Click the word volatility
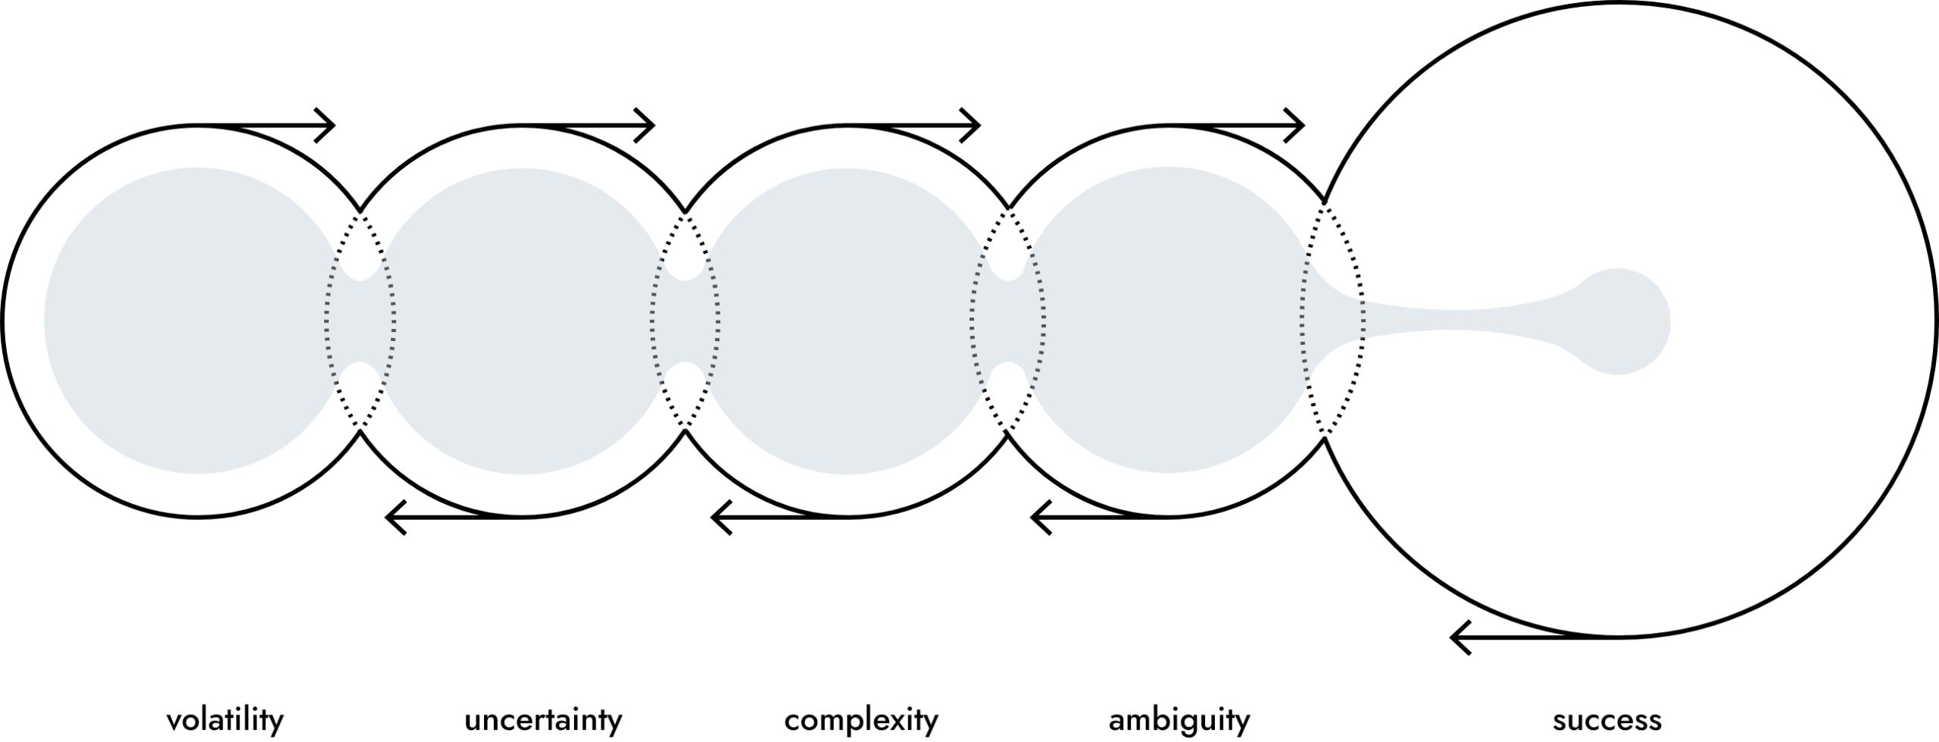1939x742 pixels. (225, 719)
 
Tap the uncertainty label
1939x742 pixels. (543, 719)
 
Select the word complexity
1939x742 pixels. (861, 719)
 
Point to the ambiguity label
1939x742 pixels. (1179, 719)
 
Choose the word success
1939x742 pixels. (1607, 719)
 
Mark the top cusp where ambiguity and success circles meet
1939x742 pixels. (1324, 201)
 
